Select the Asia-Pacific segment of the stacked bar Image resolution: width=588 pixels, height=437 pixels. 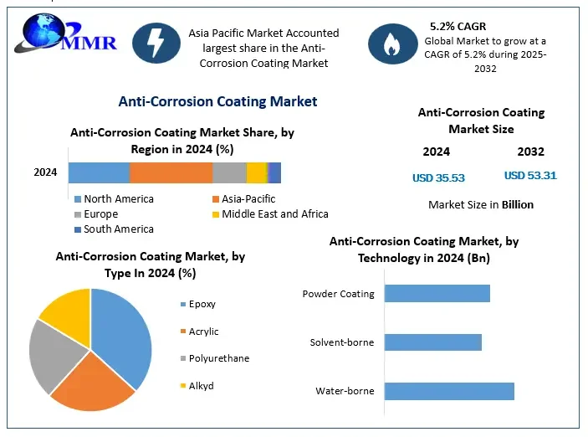[x=171, y=172]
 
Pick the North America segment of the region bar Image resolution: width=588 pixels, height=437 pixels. [x=99, y=172]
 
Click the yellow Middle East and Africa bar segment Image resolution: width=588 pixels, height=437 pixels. [x=256, y=172]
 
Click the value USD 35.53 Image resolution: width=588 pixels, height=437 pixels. [x=438, y=177]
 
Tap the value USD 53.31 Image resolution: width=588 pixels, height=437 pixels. [x=530, y=176]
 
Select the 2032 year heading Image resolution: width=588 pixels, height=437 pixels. [x=530, y=152]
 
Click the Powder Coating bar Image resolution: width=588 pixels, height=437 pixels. [x=437, y=293]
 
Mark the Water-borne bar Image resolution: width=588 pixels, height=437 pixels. [x=449, y=391]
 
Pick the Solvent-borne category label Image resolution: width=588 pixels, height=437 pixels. [x=342, y=342]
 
